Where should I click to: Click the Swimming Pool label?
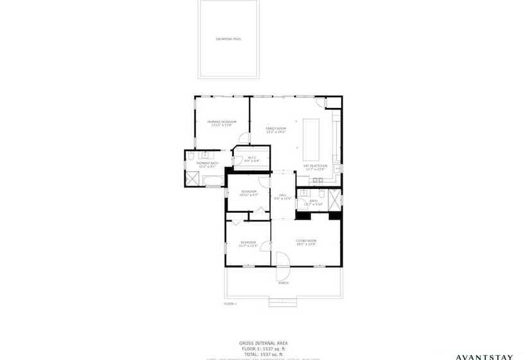(x=229, y=39)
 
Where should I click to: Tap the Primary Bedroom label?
(x=222, y=123)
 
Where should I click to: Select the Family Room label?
(x=276, y=130)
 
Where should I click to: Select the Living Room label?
(x=307, y=242)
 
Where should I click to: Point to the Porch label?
(x=283, y=283)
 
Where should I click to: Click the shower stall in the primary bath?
(x=193, y=177)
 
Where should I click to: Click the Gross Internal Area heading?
(x=263, y=344)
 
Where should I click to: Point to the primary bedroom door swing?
(x=244, y=138)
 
